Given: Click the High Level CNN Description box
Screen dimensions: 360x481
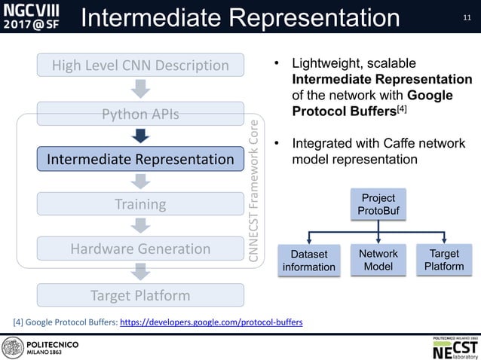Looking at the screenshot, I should [140, 66].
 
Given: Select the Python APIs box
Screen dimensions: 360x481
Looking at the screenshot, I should [140, 114].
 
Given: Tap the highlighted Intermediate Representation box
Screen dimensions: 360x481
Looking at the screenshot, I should [140, 160].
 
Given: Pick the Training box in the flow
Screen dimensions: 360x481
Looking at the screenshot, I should [140, 204].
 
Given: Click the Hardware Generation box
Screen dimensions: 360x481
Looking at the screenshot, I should [140, 249].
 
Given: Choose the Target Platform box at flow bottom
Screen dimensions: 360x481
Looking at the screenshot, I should [140, 295].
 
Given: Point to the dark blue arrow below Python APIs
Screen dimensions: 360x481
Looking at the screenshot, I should [140, 136].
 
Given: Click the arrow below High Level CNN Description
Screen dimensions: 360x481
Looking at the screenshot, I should [140, 90].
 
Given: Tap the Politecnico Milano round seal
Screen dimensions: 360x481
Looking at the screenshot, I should [13, 347].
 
